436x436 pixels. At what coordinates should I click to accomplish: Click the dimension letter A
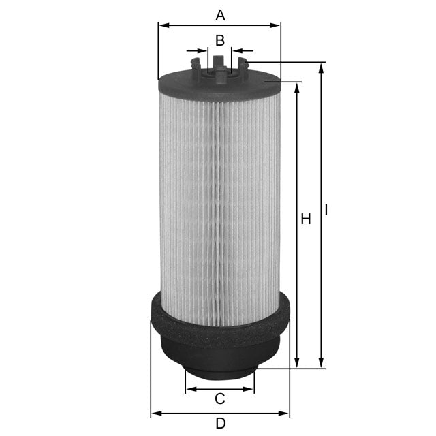click(x=219, y=14)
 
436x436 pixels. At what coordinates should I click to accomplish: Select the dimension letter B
click(x=219, y=40)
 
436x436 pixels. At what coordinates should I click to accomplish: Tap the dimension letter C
click(x=219, y=399)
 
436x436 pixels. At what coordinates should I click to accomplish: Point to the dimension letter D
click(x=219, y=423)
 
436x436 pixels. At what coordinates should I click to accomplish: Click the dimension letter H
click(x=306, y=219)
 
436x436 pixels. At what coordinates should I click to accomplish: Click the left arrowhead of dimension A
click(x=162, y=25)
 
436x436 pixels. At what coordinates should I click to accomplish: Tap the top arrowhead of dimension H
click(x=296, y=88)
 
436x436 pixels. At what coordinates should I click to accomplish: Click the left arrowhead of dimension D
click(x=155, y=414)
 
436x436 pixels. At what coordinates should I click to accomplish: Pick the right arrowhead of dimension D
click(x=285, y=414)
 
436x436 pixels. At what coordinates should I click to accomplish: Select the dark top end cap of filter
click(x=219, y=85)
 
